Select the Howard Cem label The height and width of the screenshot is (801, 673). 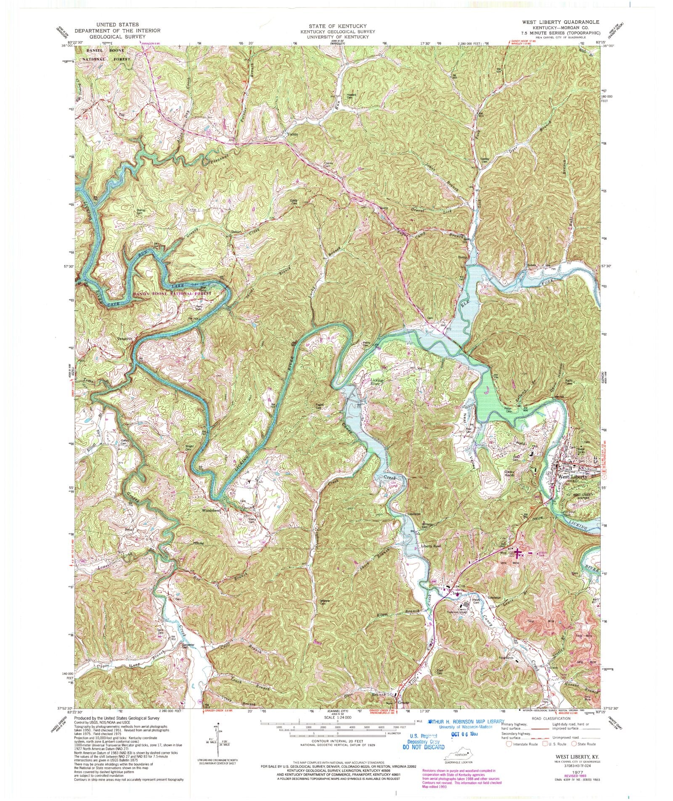coord(351,96)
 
